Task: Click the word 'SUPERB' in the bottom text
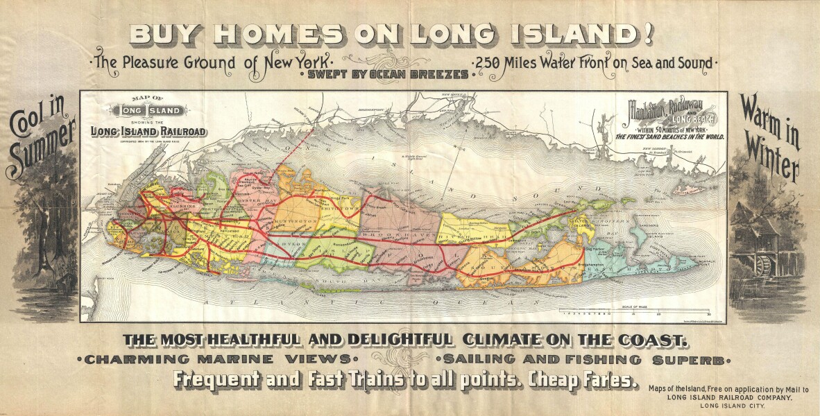point(692,360)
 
